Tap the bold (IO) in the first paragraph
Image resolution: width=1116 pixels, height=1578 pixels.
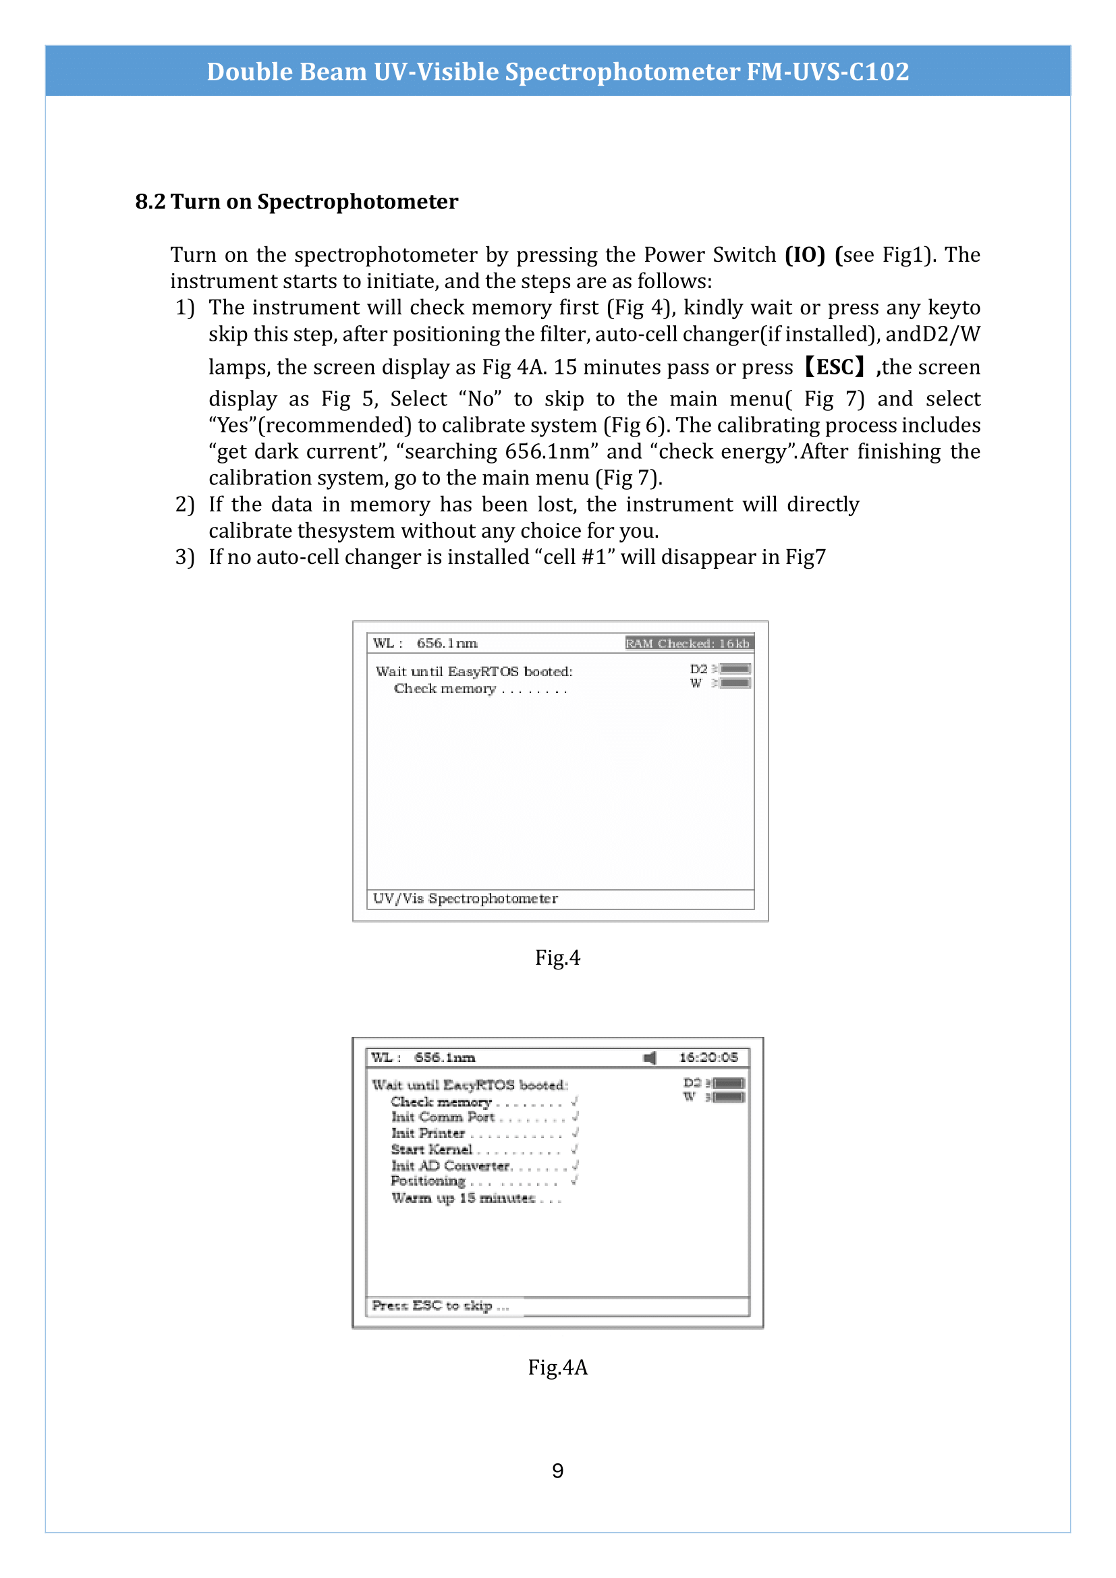click(804, 255)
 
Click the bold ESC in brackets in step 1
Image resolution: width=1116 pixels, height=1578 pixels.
click(835, 367)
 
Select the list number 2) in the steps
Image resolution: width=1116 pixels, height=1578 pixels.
click(185, 505)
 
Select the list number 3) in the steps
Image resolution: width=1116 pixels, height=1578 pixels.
click(185, 557)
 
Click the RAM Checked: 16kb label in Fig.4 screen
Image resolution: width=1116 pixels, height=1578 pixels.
click(686, 644)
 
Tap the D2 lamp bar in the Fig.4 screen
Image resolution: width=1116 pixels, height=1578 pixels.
click(735, 669)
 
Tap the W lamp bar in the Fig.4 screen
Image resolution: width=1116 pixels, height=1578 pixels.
click(735, 683)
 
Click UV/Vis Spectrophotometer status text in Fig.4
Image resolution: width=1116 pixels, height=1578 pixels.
click(466, 899)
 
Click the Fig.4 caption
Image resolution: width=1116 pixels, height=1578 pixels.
click(557, 957)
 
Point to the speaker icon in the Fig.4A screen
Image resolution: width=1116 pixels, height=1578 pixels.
click(649, 1058)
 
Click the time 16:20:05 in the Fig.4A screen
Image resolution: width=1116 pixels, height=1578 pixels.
click(708, 1058)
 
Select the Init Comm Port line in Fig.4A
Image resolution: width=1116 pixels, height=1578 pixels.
click(443, 1117)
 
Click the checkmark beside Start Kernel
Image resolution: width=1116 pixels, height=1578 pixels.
click(574, 1148)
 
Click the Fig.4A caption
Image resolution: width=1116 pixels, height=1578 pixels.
click(557, 1367)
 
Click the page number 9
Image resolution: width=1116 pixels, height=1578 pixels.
click(557, 1471)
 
